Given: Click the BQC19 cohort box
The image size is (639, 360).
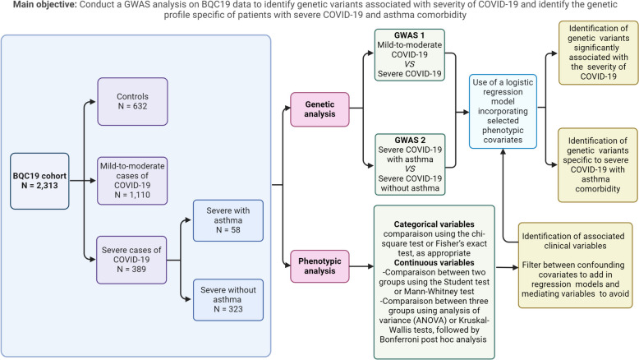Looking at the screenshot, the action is tap(39, 181).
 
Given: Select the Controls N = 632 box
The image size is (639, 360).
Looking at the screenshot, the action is tap(132, 102).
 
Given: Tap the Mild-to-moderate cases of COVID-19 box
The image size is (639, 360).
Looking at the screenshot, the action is tap(132, 181).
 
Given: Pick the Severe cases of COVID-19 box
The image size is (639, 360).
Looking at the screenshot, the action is tap(131, 260).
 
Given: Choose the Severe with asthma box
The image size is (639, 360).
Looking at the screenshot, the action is tap(228, 220).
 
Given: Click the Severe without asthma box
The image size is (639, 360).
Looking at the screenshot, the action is tap(228, 300).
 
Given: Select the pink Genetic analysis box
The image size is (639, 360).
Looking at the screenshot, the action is tap(319, 109).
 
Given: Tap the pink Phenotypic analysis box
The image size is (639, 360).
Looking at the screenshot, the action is tap(319, 266).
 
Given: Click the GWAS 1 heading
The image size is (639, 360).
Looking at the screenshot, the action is tap(409, 35).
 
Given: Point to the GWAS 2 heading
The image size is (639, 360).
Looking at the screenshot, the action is tap(410, 140).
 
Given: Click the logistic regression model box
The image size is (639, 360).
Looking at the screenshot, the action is tap(503, 111).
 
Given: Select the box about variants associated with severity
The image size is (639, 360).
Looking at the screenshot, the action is tap(598, 53).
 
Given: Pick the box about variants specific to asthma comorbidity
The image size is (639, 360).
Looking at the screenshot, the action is tap(598, 164).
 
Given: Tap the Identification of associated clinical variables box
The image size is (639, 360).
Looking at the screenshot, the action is tap(576, 265).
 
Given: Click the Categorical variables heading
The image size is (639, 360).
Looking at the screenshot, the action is tap(434, 224).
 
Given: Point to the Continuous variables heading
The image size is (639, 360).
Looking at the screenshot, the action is tap(434, 262).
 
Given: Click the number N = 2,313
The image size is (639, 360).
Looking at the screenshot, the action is tap(39, 186).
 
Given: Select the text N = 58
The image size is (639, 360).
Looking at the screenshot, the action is tap(228, 230).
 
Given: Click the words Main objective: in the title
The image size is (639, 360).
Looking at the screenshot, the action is tap(45, 5).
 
